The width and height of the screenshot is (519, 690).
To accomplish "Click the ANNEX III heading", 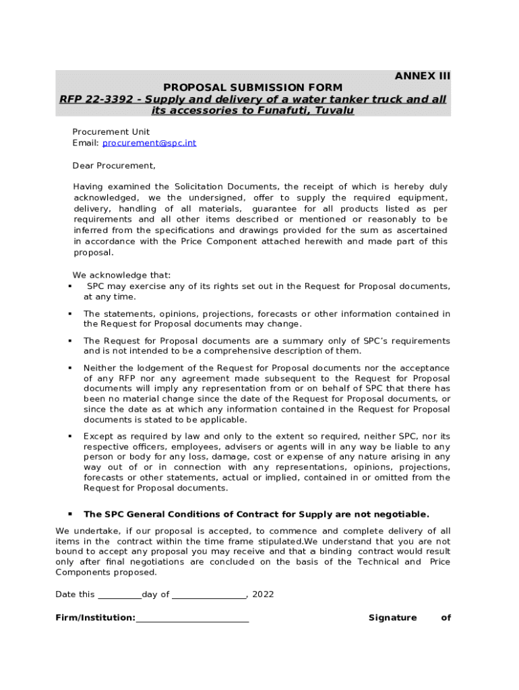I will point(422,76).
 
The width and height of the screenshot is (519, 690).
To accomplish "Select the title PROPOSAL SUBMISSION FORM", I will point(253,88).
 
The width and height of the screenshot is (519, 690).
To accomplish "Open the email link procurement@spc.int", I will point(149,143).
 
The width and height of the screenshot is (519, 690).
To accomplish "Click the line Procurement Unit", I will point(111,131).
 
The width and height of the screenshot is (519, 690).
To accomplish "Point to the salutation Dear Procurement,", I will point(114,165).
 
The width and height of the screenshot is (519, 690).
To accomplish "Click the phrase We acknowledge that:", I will point(121,275).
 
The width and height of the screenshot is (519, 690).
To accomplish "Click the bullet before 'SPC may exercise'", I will point(70,286).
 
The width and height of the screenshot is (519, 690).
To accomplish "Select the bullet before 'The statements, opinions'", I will point(70,314).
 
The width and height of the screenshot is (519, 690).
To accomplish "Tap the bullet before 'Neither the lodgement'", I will point(70,368).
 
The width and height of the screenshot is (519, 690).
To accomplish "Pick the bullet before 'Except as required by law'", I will point(70,436).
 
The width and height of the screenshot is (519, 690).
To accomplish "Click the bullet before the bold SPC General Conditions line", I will point(70,514).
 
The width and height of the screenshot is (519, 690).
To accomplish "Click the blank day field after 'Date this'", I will point(120,595).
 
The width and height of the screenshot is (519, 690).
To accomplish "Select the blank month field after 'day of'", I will point(209,595).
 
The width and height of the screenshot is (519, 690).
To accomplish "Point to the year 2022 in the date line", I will point(263,595).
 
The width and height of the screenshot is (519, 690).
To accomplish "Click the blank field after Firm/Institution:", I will point(192,618).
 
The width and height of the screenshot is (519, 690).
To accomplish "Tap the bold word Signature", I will point(392,618).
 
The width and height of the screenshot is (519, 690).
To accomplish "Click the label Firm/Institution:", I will point(96,618).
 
